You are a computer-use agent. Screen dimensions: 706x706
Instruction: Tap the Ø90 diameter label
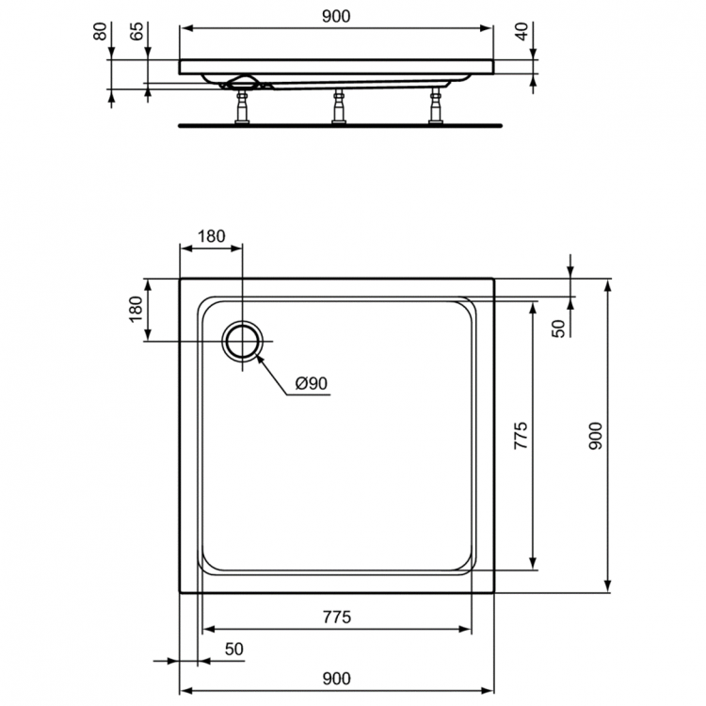coord(310,383)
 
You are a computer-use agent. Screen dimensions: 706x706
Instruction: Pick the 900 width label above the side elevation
coord(336,16)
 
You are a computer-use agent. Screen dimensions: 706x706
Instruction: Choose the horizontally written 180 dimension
coord(211,237)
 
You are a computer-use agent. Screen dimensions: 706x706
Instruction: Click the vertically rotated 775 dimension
coord(521,439)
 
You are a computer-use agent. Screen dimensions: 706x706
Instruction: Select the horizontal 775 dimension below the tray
coord(336,618)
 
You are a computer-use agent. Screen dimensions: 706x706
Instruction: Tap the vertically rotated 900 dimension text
coord(595,436)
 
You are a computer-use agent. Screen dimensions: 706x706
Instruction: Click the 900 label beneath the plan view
coord(336,678)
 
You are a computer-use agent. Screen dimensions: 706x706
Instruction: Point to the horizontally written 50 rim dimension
coord(233,650)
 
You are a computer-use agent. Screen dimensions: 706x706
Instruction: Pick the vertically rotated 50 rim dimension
coord(557,329)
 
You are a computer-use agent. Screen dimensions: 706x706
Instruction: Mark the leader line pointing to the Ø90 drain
coord(272,374)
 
